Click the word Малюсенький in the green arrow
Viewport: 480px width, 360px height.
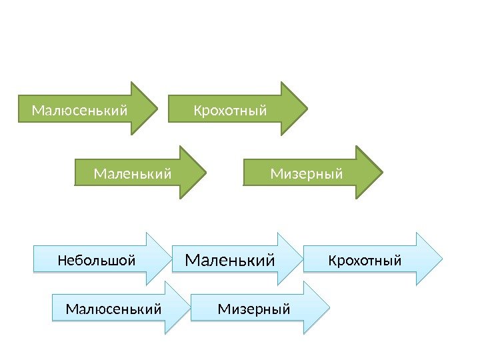79,109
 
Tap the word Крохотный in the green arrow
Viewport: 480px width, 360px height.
229,109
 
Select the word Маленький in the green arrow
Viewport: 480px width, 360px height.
133,174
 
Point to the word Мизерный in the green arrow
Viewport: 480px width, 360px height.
307,174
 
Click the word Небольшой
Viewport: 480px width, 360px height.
96,259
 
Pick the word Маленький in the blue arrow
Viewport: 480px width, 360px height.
229,260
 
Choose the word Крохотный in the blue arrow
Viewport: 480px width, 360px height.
365,259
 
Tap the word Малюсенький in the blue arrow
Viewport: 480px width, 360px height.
114,309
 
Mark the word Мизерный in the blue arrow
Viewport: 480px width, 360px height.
254,309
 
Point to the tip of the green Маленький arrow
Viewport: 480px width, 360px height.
206,173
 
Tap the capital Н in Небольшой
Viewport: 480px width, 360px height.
62,259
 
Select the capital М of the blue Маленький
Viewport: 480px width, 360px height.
191,260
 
